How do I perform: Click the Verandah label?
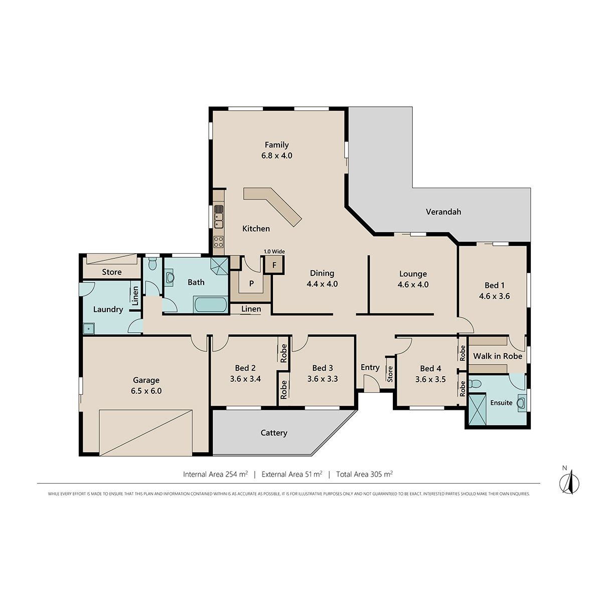[443, 212]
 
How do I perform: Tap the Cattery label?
[274, 433]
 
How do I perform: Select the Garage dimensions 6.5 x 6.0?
[146, 391]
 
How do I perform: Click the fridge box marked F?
[274, 265]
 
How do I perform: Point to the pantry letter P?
[251, 283]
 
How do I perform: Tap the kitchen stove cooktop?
[218, 241]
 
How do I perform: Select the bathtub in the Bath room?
[210, 305]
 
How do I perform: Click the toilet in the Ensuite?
[476, 384]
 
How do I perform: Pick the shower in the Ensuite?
[478, 409]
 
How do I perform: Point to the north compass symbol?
[569, 483]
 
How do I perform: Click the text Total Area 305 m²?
[364, 474]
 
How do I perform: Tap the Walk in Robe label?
[498, 356]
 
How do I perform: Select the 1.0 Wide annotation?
[274, 251]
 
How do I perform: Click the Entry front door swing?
[371, 383]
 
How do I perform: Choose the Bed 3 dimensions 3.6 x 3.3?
[323, 379]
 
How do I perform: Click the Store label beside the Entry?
[390, 374]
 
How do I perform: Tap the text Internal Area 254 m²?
[216, 474]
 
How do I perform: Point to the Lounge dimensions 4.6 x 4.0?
[413, 284]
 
